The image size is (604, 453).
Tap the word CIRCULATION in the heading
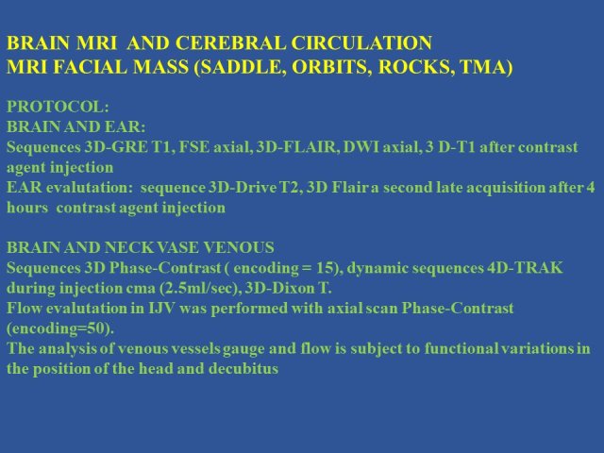[361, 42]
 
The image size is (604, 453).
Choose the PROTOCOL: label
[58, 107]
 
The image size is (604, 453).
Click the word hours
[27, 208]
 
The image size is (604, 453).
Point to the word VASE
[177, 247]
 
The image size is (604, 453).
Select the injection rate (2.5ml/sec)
[200, 288]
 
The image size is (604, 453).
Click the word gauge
[243, 349]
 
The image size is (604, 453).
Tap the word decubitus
[243, 369]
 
